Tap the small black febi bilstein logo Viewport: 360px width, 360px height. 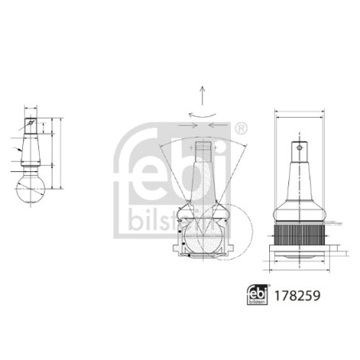tap(255, 293)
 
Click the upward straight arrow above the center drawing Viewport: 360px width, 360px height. tap(204, 96)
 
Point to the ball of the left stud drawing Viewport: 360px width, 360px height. tap(33, 189)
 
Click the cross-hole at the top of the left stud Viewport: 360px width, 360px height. tap(32, 124)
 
